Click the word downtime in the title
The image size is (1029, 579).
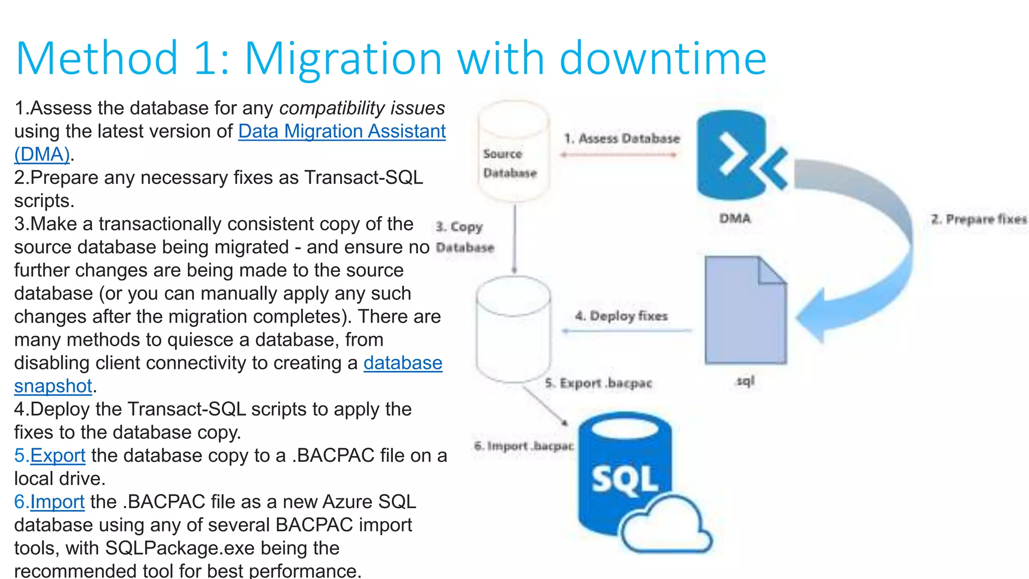(663, 58)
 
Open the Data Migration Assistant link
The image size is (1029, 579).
(342, 131)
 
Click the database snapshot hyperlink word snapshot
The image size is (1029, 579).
(53, 386)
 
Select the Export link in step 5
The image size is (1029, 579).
(57, 455)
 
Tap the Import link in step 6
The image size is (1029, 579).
(57, 502)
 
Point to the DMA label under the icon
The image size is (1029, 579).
(735, 219)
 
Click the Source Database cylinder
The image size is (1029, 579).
(512, 151)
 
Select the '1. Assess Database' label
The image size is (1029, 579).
(622, 139)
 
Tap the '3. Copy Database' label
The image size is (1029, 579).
(464, 237)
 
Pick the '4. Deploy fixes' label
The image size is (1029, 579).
(621, 316)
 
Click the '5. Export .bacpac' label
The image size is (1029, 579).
(598, 383)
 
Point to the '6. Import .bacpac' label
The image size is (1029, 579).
(523, 446)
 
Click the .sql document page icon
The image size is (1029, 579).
(745, 312)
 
